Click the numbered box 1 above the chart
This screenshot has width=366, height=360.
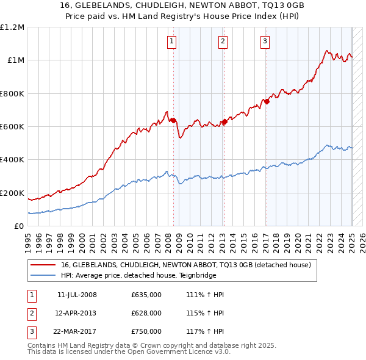[x=171, y=41]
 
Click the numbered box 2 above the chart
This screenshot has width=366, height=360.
[x=223, y=41]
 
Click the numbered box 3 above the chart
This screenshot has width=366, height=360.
[x=265, y=41]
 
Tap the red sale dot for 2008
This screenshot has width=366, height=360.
[x=173, y=120]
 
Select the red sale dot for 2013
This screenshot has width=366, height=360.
[x=224, y=121]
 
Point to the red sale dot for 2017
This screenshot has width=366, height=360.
[x=267, y=101]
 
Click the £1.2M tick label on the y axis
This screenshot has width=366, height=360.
[x=12, y=27]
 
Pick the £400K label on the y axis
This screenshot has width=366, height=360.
[x=12, y=160]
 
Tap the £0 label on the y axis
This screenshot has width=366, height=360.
[x=20, y=226]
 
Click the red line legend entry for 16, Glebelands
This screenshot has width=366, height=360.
[x=187, y=265]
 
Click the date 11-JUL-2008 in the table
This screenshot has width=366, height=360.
[x=77, y=295]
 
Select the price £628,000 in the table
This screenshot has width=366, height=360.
[x=146, y=313]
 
